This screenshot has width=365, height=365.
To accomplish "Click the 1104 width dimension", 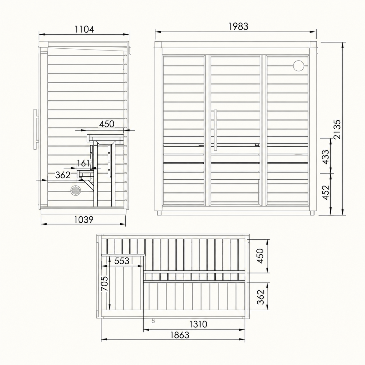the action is click(84, 30).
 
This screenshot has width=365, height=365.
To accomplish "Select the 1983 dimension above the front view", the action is click(238, 26).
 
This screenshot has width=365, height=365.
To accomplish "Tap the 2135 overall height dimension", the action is click(337, 129).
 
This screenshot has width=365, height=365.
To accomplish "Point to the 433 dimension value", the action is click(326, 157).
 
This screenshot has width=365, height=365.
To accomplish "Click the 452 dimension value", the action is click(326, 193).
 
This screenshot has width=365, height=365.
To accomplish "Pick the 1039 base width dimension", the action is click(84, 220).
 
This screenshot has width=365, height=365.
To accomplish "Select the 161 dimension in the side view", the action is click(83, 163).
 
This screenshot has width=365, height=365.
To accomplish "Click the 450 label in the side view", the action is click(107, 124).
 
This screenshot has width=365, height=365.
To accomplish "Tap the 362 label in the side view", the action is click(63, 175).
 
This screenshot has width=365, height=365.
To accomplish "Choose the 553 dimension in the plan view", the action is click(122, 261).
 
